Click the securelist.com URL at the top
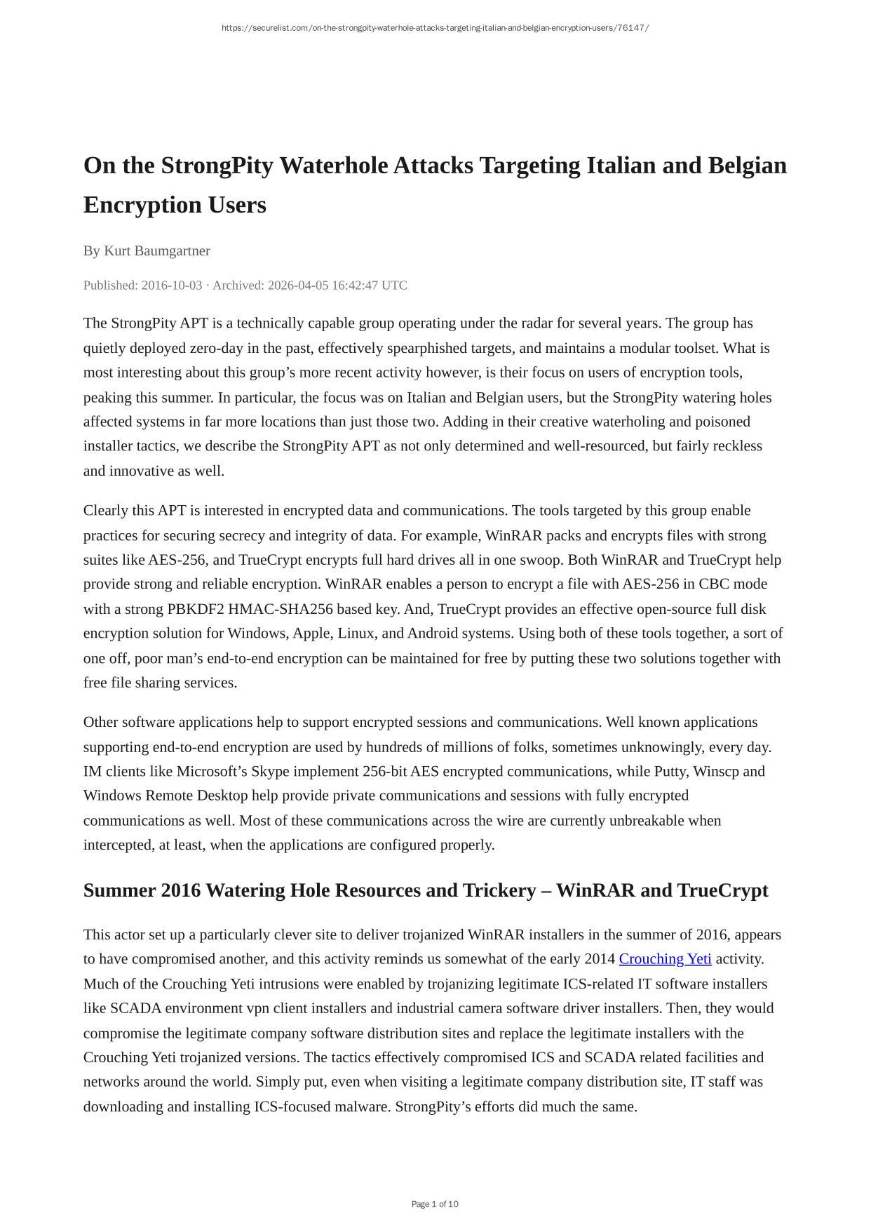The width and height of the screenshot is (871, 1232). tap(435, 28)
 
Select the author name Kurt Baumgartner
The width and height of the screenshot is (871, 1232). tap(157, 250)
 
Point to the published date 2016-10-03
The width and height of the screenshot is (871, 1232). tap(172, 285)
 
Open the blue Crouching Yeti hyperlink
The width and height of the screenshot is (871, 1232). tap(665, 958)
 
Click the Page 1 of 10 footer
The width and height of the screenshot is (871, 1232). tap(435, 1204)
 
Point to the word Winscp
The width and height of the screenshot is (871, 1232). tap(717, 771)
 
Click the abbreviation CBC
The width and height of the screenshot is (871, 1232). tap(715, 584)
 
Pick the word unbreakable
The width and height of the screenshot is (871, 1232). tap(643, 820)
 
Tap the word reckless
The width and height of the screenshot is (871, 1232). tap(737, 446)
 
